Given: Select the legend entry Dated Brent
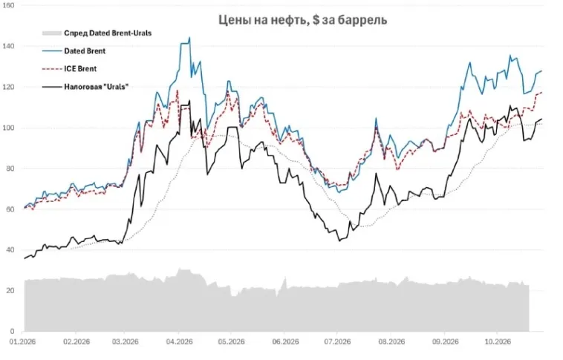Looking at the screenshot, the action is coord(85,51).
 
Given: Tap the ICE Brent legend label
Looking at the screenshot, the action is coord(80,69).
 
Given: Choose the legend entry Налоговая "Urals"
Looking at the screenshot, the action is coord(97,87).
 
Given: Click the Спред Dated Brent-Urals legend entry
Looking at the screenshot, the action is coord(108,33).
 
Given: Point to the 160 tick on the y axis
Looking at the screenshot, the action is coord(8,6).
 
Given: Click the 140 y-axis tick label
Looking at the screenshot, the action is coord(8,46).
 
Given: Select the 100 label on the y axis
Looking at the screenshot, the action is coord(8,128).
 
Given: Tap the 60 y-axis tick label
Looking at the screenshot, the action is coord(10,209).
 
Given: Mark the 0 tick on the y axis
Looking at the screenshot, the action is coord(12,331).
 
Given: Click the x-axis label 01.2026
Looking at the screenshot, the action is coord(22,341).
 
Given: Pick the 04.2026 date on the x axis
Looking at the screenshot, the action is coord(179,341).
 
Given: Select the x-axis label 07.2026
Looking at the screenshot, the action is coord(336,341).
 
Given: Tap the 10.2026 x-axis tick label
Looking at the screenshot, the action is coord(496,341).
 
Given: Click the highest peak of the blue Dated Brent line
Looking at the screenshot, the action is coord(189,37).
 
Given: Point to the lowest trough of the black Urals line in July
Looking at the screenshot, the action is coord(339,240).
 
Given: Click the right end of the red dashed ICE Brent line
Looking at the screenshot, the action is coord(541,93).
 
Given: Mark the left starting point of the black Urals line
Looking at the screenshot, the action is coord(25,258).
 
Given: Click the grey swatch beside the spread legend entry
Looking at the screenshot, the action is coord(52,33).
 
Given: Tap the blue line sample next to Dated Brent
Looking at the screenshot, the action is coord(52,51).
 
